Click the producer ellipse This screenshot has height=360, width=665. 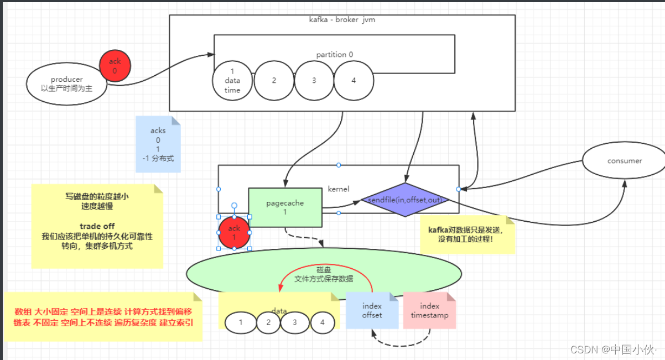click(x=66, y=84)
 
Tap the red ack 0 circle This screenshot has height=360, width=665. click(x=115, y=66)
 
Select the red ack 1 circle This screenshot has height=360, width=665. click(x=234, y=232)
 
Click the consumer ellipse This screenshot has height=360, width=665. click(x=624, y=161)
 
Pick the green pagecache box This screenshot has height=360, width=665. click(x=285, y=207)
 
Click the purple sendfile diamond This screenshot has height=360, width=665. click(x=406, y=199)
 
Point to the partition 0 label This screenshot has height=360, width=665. click(x=334, y=54)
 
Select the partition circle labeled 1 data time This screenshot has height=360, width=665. click(x=232, y=81)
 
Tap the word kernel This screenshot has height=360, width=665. click(x=339, y=189)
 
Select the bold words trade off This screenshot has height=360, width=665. click(x=97, y=226)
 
